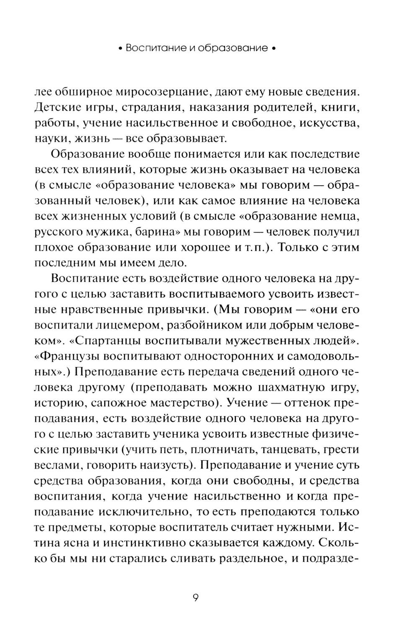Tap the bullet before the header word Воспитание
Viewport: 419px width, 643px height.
119,49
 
